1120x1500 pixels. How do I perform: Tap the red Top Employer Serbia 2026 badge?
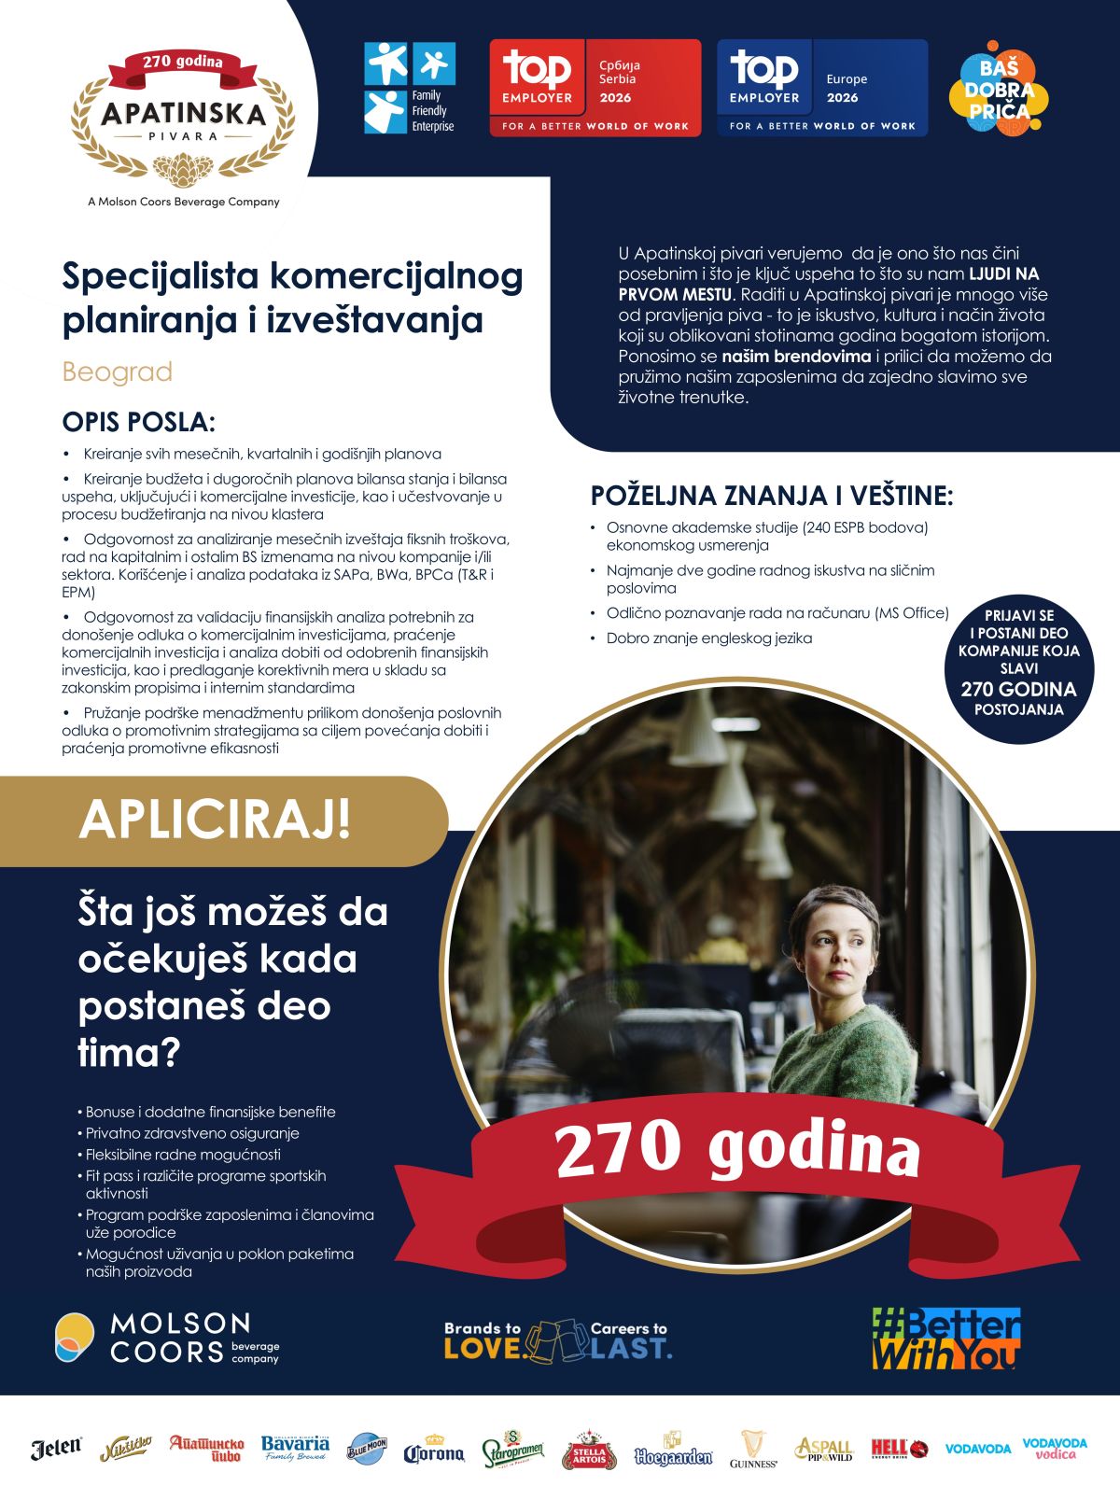tap(595, 88)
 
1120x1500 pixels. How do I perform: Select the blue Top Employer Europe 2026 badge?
tap(822, 88)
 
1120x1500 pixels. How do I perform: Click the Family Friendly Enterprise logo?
tap(410, 88)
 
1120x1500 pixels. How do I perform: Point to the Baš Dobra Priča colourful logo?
tap(999, 91)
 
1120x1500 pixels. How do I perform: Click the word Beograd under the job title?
tap(118, 371)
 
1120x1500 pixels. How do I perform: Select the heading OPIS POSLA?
tap(138, 422)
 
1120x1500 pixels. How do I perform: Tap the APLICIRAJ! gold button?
tap(217, 820)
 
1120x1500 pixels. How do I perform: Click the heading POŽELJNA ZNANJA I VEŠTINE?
tap(772, 496)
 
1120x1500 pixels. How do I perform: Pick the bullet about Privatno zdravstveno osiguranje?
tap(192, 1133)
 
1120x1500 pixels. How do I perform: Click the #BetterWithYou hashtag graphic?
tap(945, 1339)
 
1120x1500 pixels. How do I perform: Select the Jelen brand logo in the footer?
tap(56, 1449)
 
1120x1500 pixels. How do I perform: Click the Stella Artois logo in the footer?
tap(589, 1450)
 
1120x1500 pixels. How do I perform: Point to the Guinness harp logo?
tap(753, 1449)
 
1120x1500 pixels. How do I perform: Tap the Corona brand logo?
tap(433, 1451)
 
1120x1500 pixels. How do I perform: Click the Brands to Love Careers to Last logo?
tap(557, 1339)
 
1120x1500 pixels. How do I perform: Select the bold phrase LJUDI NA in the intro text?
tap(1003, 273)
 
